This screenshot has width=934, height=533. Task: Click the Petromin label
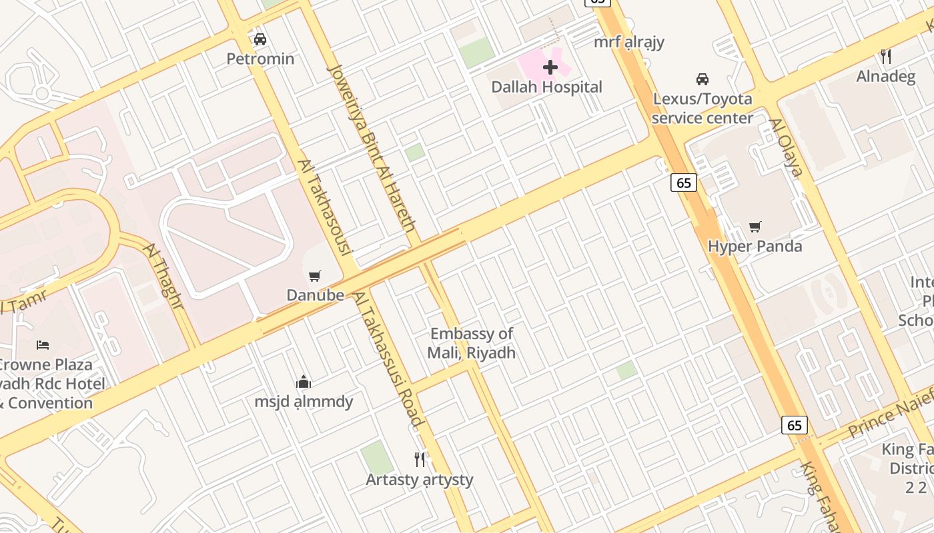260,59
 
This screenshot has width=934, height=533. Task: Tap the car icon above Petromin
260,39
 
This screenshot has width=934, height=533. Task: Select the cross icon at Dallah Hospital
550,67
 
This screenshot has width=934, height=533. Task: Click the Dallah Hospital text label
546,87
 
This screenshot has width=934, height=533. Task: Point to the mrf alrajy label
629,42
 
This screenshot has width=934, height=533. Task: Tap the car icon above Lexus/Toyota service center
702,79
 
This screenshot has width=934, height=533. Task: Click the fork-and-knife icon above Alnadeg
886,57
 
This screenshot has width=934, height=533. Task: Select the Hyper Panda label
755,247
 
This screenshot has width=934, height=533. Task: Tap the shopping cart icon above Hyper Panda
755,227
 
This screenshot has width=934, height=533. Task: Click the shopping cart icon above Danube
315,276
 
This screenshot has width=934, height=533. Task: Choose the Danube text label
316,295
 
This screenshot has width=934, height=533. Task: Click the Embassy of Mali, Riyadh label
472,343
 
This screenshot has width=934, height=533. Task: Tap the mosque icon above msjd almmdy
304,382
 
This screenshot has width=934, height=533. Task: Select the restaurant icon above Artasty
420,460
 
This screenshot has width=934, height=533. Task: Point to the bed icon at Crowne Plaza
43,344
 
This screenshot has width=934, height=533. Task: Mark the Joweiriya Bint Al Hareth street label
372,147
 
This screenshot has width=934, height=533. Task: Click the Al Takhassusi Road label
389,359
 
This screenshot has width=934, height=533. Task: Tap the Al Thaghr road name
163,276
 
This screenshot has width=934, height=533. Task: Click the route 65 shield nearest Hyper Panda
684,183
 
